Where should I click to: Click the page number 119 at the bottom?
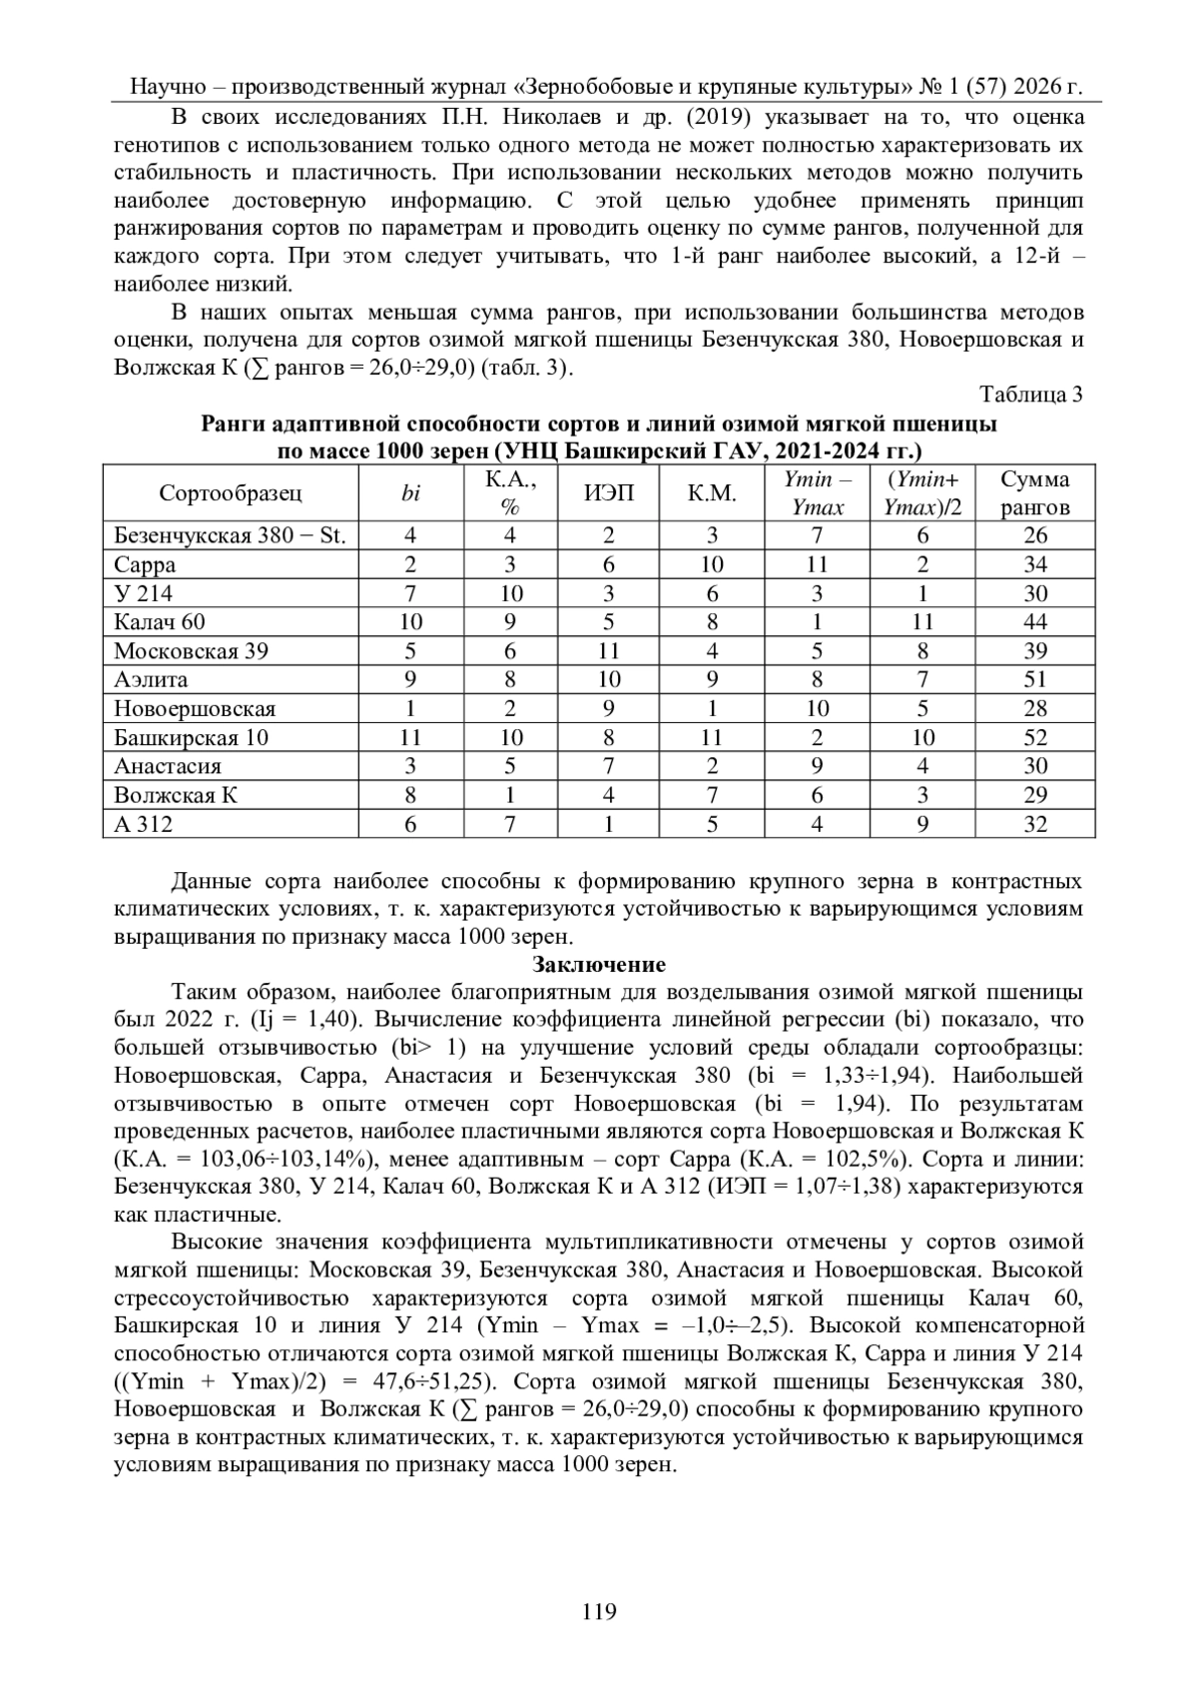tap(599, 1611)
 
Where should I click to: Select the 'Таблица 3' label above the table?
tap(1031, 395)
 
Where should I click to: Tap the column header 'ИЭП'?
tap(608, 492)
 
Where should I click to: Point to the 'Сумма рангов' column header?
tap(1035, 492)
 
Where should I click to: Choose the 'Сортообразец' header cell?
tap(231, 492)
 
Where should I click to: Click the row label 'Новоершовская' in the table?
tap(195, 709)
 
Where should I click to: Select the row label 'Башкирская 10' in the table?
tap(192, 738)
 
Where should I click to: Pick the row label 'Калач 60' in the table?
tap(160, 622)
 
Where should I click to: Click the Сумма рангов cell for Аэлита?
tap(1035, 680)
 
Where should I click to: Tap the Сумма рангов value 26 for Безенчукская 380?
tap(1035, 535)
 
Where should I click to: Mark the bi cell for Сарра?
tap(410, 564)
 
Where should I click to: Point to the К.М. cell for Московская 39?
tap(712, 651)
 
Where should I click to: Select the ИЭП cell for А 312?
tap(608, 825)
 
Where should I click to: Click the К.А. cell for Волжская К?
tap(511, 796)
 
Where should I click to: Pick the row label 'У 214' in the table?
tap(143, 593)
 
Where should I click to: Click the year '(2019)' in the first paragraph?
tap(714, 117)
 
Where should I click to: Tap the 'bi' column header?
tap(410, 492)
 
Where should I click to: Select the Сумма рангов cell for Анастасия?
tap(1035, 767)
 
